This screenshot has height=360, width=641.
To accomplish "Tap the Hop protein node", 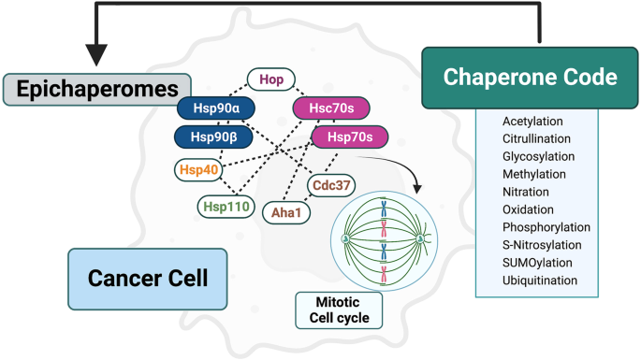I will (x=271, y=80).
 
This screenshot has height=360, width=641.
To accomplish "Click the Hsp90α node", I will (x=215, y=109).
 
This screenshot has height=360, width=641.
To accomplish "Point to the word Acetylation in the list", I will (x=532, y=122).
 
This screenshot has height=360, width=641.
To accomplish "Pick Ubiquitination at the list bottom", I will (x=539, y=280).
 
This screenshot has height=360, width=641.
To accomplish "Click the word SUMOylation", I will (x=536, y=264).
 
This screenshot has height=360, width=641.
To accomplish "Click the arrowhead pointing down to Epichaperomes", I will (x=96, y=55).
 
